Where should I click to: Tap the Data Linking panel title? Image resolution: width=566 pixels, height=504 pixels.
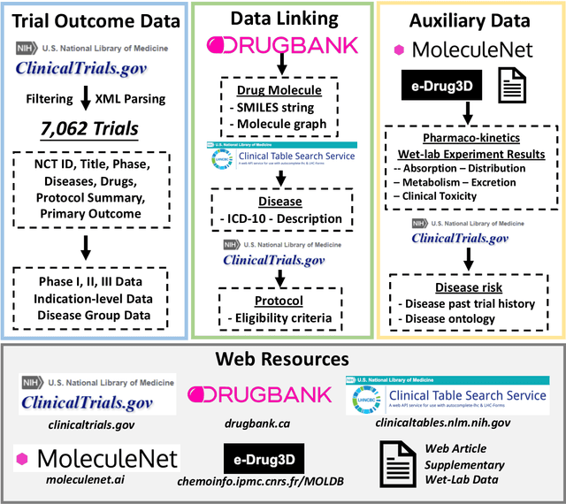[280, 18]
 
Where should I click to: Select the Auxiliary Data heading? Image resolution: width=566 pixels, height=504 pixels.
[468, 18]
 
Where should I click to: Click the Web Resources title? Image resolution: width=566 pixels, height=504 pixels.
[282, 359]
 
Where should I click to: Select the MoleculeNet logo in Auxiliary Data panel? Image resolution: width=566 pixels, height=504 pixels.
[468, 50]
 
